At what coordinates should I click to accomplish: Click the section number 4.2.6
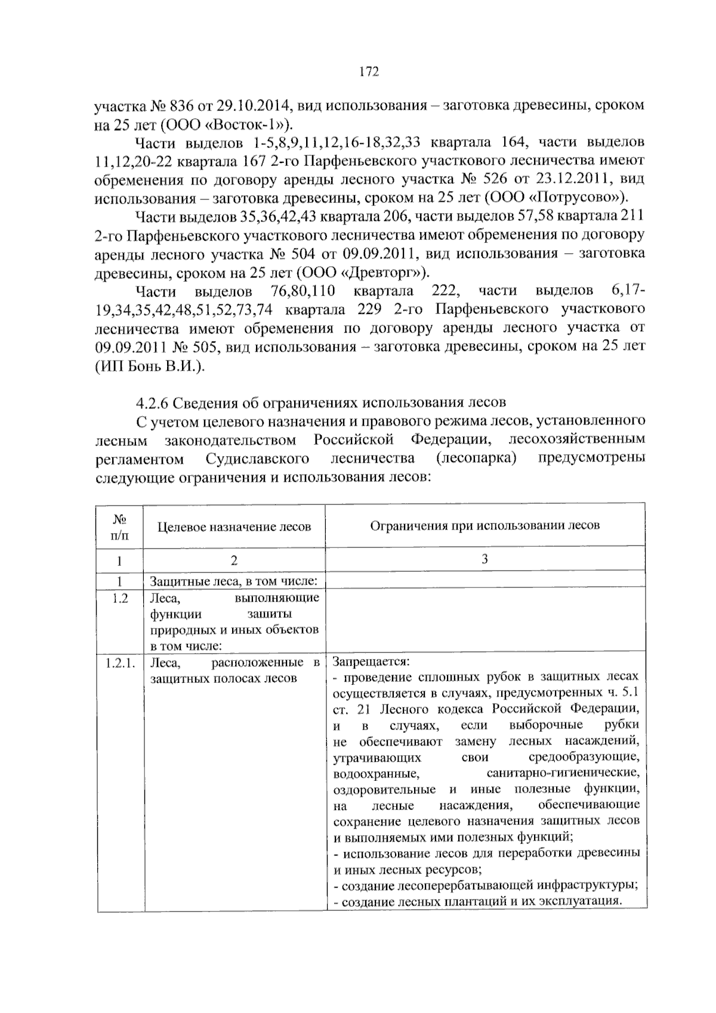point(153,402)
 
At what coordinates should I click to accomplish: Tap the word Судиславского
point(257,458)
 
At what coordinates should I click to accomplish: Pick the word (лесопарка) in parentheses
point(476,458)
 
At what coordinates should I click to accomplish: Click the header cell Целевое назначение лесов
point(234,526)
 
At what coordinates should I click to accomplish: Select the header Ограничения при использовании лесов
point(484,525)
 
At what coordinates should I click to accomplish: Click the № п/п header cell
point(119,526)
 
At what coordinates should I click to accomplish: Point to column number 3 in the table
point(484,559)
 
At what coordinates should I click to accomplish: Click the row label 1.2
point(119,598)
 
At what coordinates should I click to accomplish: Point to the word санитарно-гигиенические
point(563,774)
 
